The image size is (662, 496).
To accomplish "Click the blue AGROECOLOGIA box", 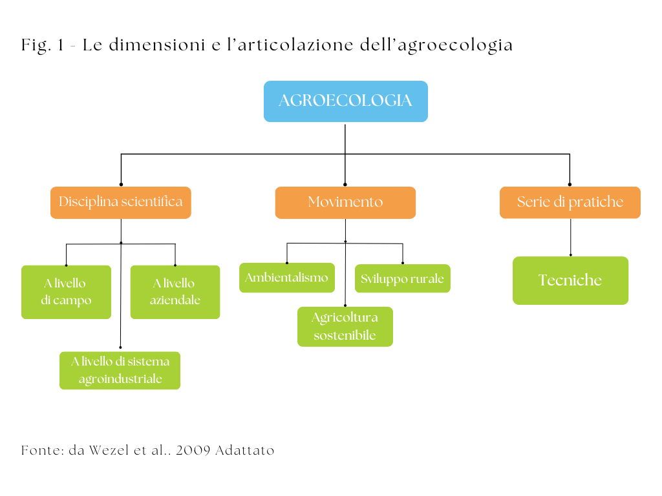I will pyautogui.click(x=345, y=101).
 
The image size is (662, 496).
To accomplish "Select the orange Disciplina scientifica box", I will pyautogui.click(x=121, y=202).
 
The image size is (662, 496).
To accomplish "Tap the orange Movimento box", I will pyautogui.click(x=345, y=202).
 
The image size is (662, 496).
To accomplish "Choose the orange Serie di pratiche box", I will pyautogui.click(x=570, y=202).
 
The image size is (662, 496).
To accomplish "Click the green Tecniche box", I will pyautogui.click(x=570, y=280).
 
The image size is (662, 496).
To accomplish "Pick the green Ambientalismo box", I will pyautogui.click(x=286, y=278).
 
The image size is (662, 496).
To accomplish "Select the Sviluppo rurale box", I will pyautogui.click(x=402, y=278).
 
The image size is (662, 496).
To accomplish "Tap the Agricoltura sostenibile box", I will pyautogui.click(x=345, y=326).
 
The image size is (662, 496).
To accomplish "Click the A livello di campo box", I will pyautogui.click(x=66, y=292).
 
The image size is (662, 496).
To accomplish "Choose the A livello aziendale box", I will pyautogui.click(x=175, y=292).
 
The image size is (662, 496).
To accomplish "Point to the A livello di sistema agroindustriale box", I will pyautogui.click(x=120, y=370).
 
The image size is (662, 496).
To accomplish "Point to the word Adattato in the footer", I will pyautogui.click(x=245, y=450).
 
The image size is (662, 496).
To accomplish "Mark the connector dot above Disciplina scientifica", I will pyautogui.click(x=121, y=184).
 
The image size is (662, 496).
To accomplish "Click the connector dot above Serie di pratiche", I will pyautogui.click(x=570, y=184).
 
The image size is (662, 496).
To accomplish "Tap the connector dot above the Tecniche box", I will pyautogui.click(x=570, y=254).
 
